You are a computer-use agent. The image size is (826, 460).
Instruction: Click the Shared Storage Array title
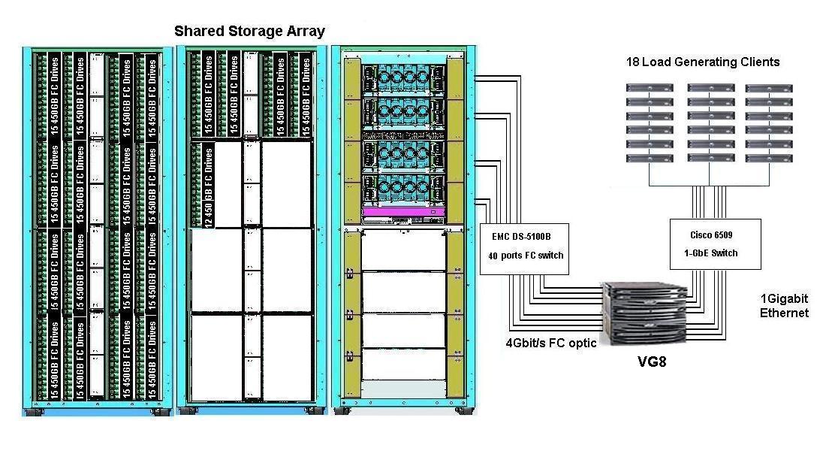(x=249, y=32)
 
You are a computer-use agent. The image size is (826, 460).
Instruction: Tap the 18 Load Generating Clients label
(x=703, y=62)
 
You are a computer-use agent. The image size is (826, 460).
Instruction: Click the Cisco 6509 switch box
(x=715, y=244)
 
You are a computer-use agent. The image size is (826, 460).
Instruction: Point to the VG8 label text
(x=651, y=362)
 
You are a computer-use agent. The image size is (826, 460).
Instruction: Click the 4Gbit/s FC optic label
(x=552, y=343)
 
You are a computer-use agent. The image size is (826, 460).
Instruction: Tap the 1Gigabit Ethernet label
(x=784, y=305)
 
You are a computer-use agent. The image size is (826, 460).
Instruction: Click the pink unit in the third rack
(x=403, y=213)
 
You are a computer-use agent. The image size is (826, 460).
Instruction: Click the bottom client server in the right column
(x=769, y=159)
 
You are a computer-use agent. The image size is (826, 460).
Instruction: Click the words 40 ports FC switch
(x=525, y=256)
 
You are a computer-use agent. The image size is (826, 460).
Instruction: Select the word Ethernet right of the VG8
(x=784, y=313)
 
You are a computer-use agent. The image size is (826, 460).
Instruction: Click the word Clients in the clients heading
(x=759, y=62)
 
